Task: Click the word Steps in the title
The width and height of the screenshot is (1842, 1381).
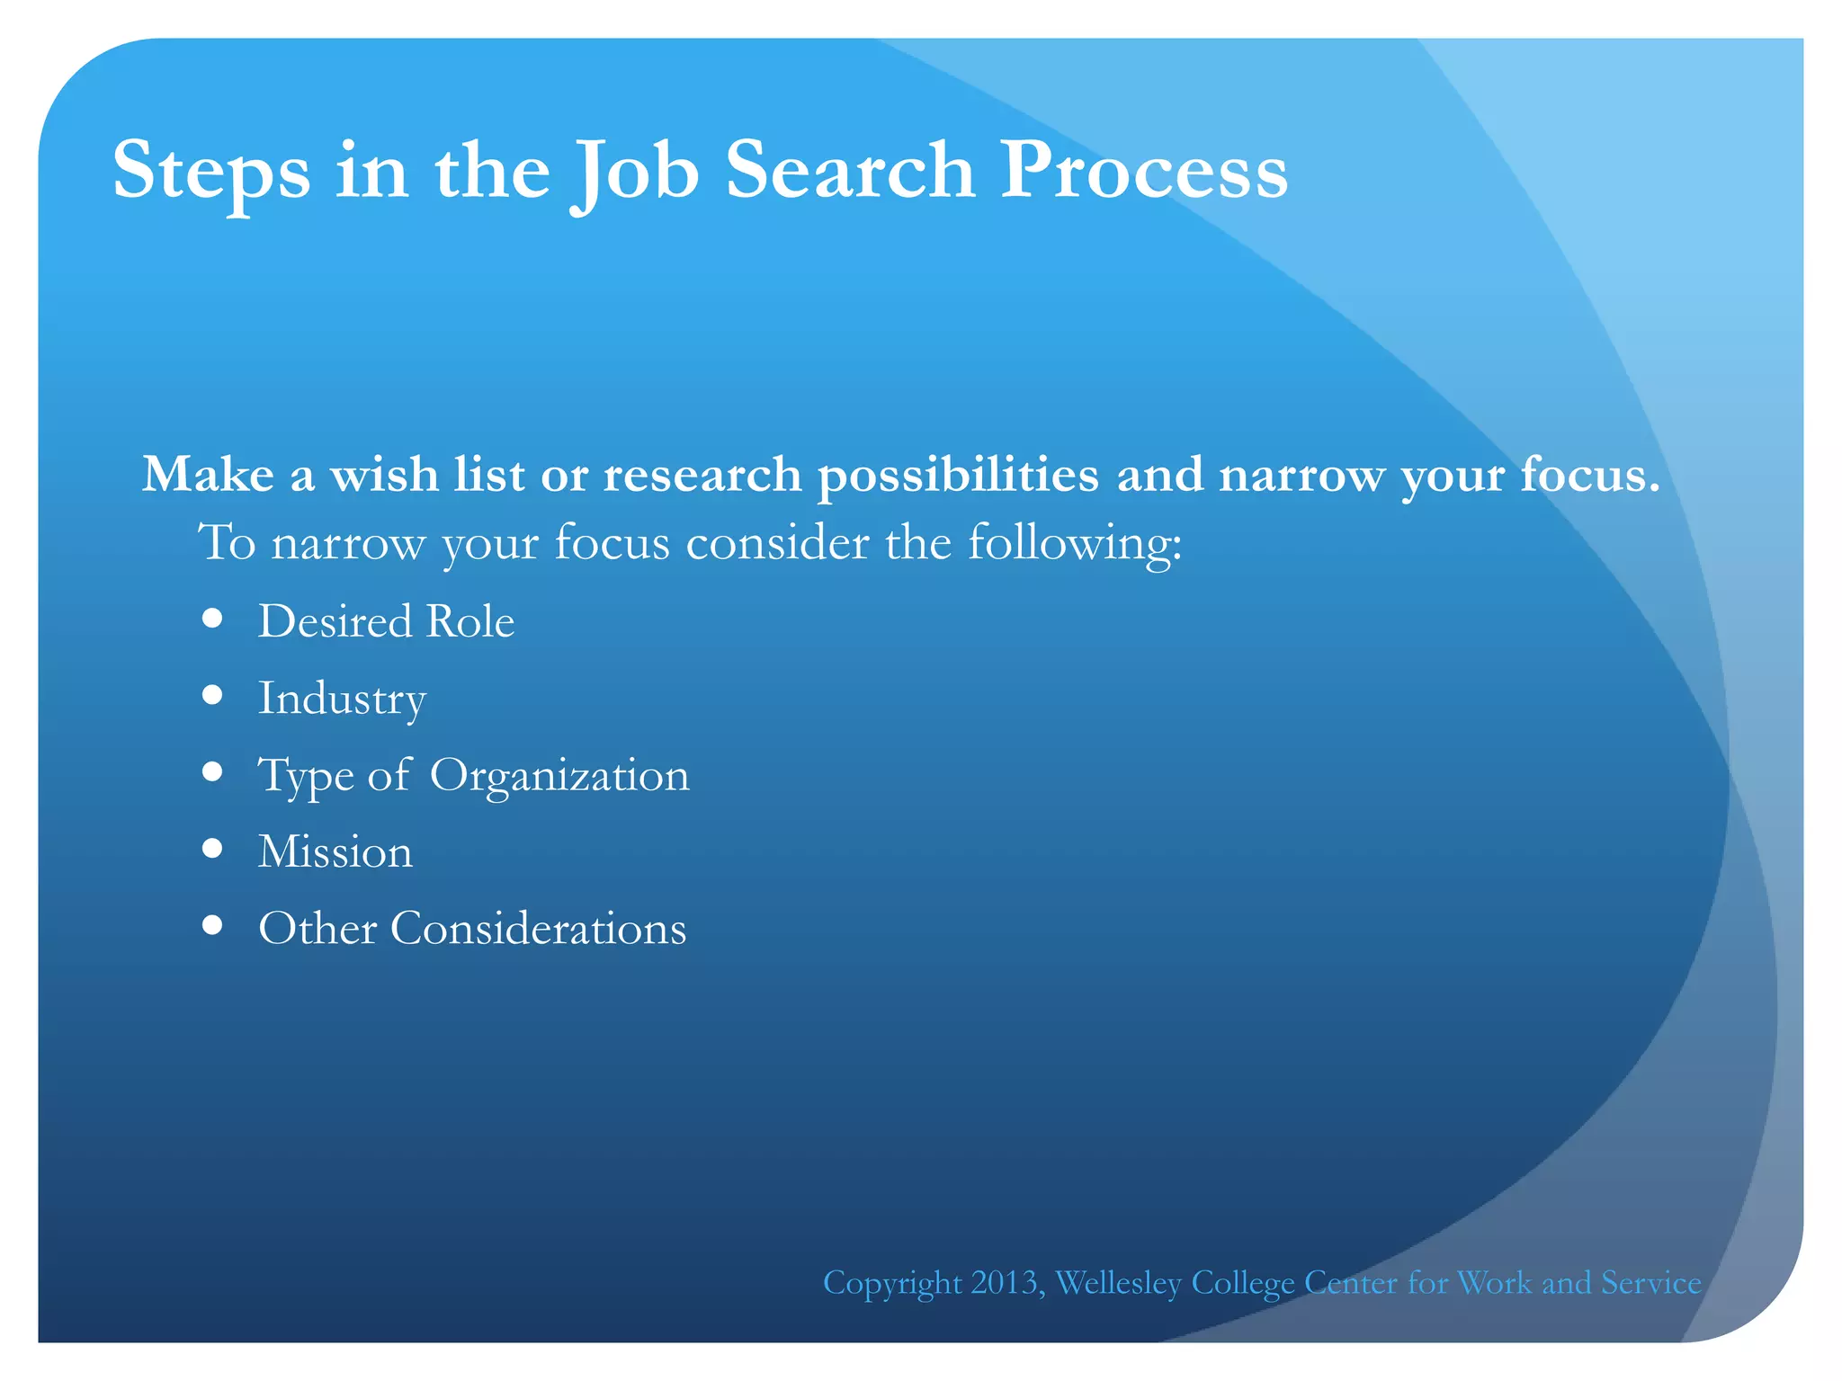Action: pyautogui.click(x=211, y=171)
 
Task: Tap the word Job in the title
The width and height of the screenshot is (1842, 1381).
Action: pyautogui.click(x=635, y=171)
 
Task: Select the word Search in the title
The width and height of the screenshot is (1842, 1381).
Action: pyautogui.click(x=850, y=171)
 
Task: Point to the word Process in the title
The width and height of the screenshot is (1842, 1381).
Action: pyautogui.click(x=1144, y=171)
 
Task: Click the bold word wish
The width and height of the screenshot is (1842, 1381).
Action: pyautogui.click(x=384, y=474)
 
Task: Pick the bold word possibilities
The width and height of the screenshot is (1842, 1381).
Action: pyautogui.click(x=958, y=476)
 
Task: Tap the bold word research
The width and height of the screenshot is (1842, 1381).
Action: pyautogui.click(x=702, y=474)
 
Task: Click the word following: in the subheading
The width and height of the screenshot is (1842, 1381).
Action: pyautogui.click(x=1075, y=544)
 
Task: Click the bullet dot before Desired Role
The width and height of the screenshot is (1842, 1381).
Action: pyautogui.click(x=212, y=619)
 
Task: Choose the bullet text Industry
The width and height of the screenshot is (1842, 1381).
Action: pyautogui.click(x=342, y=699)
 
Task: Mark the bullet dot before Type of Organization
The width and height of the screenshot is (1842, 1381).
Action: pyautogui.click(x=212, y=771)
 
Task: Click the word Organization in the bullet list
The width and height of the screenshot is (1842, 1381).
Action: pyautogui.click(x=559, y=775)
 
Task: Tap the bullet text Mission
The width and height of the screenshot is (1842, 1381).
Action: pyautogui.click(x=335, y=851)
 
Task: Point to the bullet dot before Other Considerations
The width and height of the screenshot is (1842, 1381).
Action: pyautogui.click(x=212, y=925)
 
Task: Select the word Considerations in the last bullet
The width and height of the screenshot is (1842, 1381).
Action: pyautogui.click(x=538, y=928)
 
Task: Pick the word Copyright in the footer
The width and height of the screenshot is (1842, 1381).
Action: pyautogui.click(x=892, y=1283)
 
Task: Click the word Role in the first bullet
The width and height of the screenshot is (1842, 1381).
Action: pyautogui.click(x=469, y=621)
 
